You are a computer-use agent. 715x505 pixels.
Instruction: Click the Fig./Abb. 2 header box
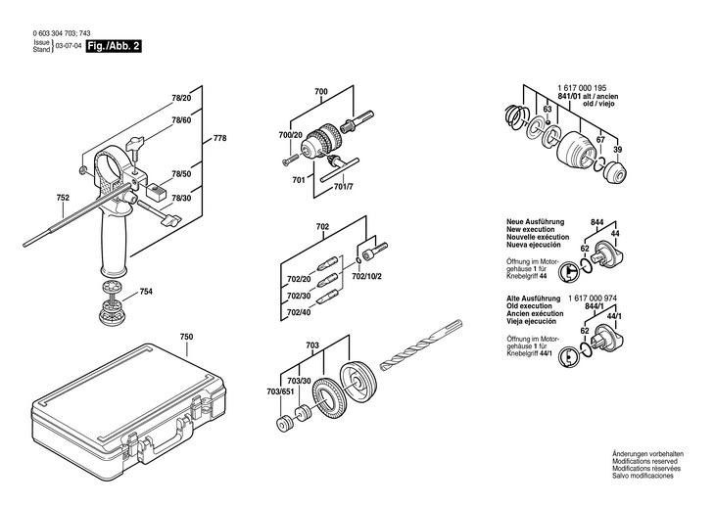tap(115, 46)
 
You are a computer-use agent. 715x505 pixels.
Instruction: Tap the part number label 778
tap(219, 138)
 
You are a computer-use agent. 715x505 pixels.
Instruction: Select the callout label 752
tap(63, 198)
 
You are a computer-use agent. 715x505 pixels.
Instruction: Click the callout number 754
tap(146, 291)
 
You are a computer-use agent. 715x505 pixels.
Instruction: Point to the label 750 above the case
tap(186, 338)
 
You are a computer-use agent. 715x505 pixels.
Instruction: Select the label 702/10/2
tap(367, 277)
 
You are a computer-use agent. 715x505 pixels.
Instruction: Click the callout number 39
tap(617, 149)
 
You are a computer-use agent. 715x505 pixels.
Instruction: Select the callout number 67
tap(600, 140)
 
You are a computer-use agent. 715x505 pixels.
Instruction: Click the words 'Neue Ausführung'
tap(534, 222)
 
